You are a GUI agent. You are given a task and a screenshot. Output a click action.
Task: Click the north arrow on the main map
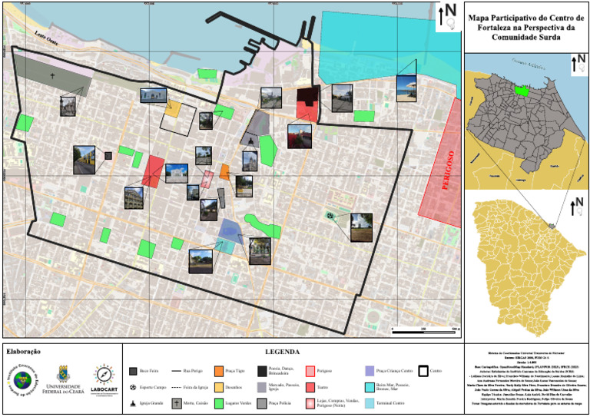click(448, 16)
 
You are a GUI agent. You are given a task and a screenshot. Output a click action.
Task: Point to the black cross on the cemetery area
click(53, 76)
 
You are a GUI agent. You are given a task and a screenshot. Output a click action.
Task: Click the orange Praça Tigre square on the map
click(224, 171)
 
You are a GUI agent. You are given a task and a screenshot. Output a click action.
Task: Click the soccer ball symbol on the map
click(330, 217)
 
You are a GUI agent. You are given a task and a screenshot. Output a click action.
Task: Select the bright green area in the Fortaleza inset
click(522, 91)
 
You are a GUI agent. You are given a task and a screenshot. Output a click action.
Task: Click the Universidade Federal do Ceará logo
click(67, 376)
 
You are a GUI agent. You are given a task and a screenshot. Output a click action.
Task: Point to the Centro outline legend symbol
click(424, 370)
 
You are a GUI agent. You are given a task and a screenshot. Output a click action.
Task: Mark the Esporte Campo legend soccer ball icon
click(134, 386)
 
